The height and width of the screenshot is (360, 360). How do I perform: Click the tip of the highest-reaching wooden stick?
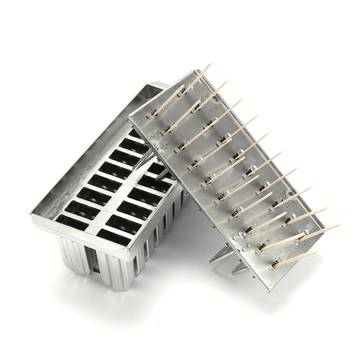(x=212, y=63)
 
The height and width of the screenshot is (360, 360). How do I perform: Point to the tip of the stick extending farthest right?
(x=340, y=224)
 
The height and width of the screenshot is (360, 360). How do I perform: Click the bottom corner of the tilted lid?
(x=268, y=291)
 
